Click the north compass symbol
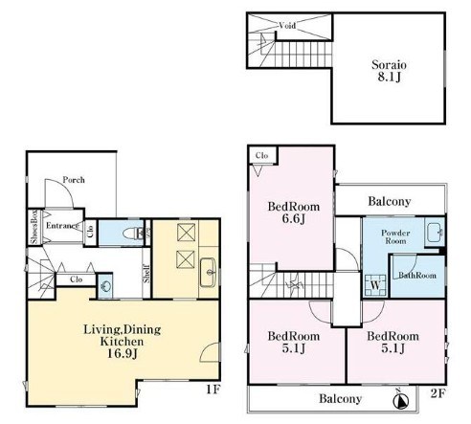pyautogui.click(x=401, y=401)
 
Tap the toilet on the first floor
pyautogui.click(x=133, y=233)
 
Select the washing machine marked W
pyautogui.click(x=375, y=285)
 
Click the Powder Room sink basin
pyautogui.click(x=434, y=233)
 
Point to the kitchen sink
pyautogui.click(x=208, y=272)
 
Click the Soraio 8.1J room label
pyautogui.click(x=389, y=71)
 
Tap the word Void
pyautogui.click(x=287, y=25)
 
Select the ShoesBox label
pyautogui.click(x=34, y=227)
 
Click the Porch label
pyautogui.click(x=74, y=180)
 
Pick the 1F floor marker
pyautogui.click(x=213, y=390)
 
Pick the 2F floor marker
pyautogui.click(x=437, y=393)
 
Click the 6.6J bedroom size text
pyautogui.click(x=294, y=219)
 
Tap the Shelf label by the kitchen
pyautogui.click(x=146, y=273)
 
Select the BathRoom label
pyautogui.click(x=417, y=275)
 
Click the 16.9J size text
pyautogui.click(x=123, y=353)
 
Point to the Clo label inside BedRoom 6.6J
pyautogui.click(x=261, y=156)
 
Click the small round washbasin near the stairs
pyautogui.click(x=105, y=286)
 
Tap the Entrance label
pyautogui.click(x=62, y=226)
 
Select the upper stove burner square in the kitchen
pyautogui.click(x=186, y=233)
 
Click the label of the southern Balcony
pyautogui.click(x=341, y=398)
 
